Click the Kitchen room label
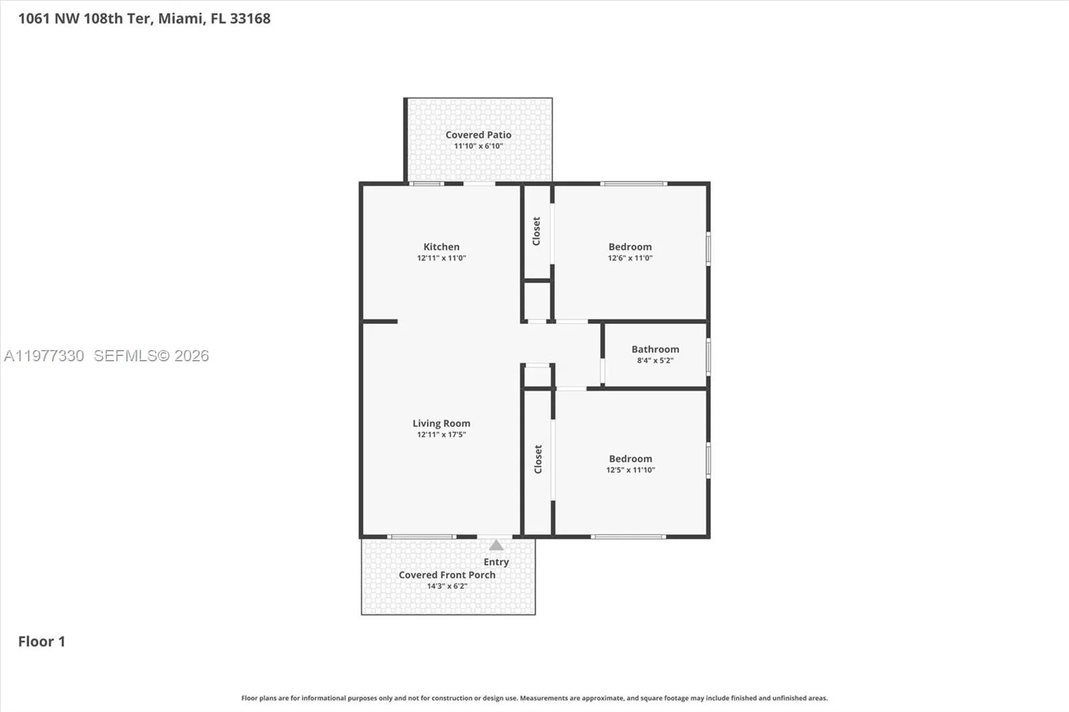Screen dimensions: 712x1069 441,246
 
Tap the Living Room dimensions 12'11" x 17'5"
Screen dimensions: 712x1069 441,435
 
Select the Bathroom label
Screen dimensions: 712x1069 655,349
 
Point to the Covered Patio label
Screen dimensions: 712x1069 478,135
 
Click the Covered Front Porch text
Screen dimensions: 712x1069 447,575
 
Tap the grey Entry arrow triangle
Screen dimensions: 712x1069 496,546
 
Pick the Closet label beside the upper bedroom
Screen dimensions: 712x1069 537,231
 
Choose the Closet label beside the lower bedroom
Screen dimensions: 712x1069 538,460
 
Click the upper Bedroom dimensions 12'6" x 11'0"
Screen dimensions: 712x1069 629,258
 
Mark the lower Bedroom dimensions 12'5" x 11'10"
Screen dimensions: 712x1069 630,470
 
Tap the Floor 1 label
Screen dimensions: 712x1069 41,642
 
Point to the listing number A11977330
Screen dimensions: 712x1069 44,356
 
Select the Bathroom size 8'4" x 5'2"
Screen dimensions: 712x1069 655,361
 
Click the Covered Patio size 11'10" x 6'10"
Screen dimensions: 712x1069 478,146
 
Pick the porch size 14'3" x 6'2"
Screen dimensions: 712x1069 447,586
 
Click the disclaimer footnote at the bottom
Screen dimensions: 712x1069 534,698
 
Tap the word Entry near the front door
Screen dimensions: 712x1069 496,562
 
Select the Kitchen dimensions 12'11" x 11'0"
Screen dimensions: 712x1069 441,258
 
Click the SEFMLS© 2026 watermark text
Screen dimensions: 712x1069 151,356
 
